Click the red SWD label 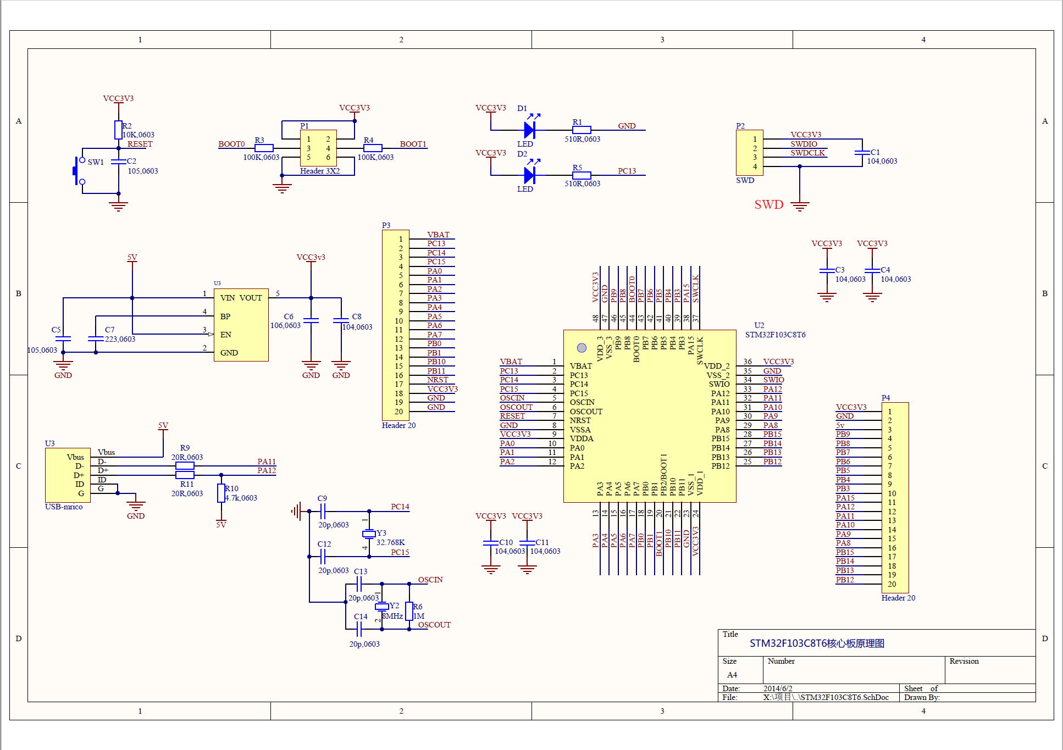pos(768,204)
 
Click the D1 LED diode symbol pos(529,130)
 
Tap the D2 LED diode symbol pos(529,175)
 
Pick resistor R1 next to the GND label pos(582,130)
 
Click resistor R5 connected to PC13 pos(582,176)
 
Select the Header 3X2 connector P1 pos(318,148)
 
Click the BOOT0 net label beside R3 pos(231,144)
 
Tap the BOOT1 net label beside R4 pos(413,144)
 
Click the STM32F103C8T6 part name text pos(775,335)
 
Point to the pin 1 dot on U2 pos(582,348)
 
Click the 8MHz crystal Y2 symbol pos(382,607)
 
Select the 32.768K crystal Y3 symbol pos(369,534)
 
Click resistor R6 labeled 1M pos(409,611)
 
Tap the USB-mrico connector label pos(64,507)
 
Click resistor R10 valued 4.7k pos(221,493)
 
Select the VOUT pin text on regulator pos(251,298)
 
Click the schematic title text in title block pos(817,643)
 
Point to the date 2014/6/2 pos(778,688)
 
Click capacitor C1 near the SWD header pos(862,153)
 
